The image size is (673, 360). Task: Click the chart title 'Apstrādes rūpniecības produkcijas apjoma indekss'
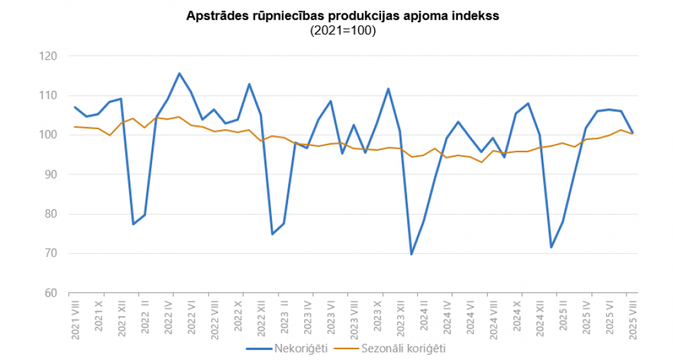[x=343, y=17]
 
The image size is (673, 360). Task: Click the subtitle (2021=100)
[x=343, y=31]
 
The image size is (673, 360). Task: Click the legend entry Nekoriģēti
[x=292, y=349]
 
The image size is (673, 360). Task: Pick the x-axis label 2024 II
[x=423, y=322]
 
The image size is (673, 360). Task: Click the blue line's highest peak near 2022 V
[x=179, y=73]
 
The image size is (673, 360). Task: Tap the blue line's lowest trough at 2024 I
[x=411, y=254]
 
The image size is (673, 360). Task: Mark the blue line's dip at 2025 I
[x=551, y=247]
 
